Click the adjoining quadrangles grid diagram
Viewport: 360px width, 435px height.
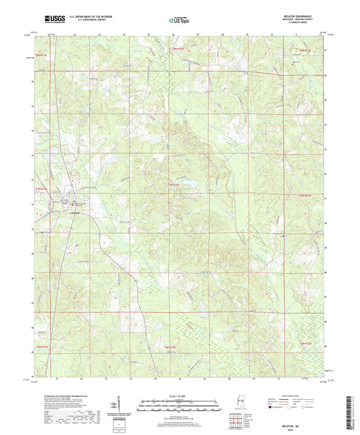234,422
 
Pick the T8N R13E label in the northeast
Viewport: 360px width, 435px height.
305,50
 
